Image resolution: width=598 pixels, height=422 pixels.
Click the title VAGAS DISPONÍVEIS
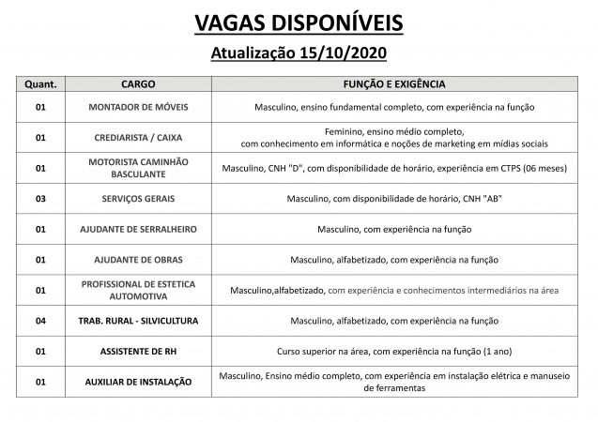(x=299, y=21)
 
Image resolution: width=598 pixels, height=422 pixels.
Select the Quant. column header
(x=40, y=84)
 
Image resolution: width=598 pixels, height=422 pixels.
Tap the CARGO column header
(x=138, y=84)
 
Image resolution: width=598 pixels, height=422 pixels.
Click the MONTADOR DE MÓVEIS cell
(x=138, y=108)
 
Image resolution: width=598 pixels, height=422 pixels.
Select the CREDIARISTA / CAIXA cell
(x=138, y=138)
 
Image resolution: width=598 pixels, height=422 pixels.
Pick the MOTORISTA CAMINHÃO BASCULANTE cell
(x=138, y=168)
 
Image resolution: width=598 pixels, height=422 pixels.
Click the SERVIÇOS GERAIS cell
(x=138, y=199)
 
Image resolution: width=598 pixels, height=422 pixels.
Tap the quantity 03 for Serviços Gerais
(x=40, y=199)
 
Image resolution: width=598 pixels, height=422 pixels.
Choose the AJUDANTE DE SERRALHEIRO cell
(x=138, y=229)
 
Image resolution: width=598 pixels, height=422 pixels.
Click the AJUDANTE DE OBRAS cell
(x=138, y=259)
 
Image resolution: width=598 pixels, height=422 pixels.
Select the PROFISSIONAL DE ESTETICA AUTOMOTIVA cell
(x=138, y=290)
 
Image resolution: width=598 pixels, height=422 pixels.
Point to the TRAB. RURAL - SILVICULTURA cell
(x=138, y=321)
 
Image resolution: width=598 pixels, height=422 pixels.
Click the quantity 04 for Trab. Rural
(x=40, y=321)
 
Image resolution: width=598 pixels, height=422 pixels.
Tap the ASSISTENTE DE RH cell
(x=138, y=351)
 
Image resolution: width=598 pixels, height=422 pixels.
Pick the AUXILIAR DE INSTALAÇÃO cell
(x=138, y=382)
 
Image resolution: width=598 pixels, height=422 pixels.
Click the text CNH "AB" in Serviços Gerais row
(x=478, y=199)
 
